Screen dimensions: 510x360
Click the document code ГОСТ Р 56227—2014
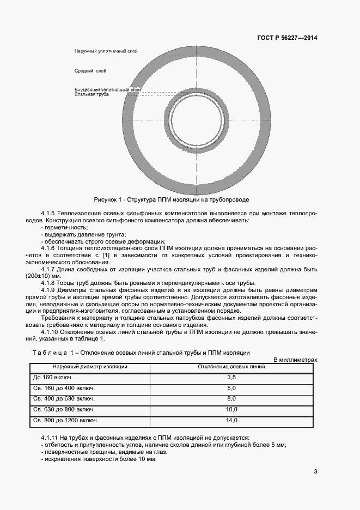(287, 38)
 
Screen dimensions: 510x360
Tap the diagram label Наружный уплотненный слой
(106, 51)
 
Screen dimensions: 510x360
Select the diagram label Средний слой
(90, 71)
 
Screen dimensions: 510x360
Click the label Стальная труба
(91, 94)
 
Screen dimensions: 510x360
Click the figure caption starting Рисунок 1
(171, 199)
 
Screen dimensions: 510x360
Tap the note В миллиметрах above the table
(295, 360)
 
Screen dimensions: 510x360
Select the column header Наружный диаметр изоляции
(89, 367)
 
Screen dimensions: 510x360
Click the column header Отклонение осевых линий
(231, 367)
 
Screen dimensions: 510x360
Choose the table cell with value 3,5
(231, 377)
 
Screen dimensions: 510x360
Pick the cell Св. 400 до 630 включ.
(64, 399)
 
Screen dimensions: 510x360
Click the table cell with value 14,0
(231, 421)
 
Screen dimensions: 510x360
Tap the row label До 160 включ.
(53, 377)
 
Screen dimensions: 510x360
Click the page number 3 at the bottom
(315, 471)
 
